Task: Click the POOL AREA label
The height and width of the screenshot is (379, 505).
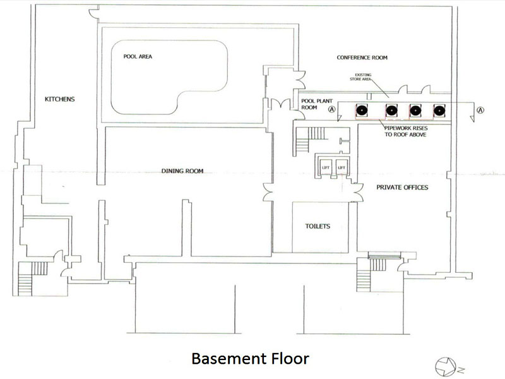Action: click(138, 56)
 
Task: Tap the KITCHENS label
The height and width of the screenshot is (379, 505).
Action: click(59, 99)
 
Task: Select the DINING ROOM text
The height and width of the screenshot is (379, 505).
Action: click(182, 171)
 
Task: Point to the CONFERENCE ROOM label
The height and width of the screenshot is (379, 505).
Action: click(362, 57)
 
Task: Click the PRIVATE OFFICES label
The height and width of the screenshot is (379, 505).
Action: click(402, 187)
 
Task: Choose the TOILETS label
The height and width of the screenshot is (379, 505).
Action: click(318, 226)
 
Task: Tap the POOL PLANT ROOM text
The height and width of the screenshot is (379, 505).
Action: click(317, 104)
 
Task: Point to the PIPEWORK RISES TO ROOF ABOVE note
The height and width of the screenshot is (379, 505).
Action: click(406, 131)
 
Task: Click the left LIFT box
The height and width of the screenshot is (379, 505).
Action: click(326, 167)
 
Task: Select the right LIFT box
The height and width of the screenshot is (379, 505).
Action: click(342, 167)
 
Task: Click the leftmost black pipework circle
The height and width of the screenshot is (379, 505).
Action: click(362, 111)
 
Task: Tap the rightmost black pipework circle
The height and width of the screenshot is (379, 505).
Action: click(439, 111)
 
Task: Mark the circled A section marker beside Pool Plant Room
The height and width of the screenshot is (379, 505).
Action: click(332, 109)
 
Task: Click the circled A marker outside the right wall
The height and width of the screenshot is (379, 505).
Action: click(480, 110)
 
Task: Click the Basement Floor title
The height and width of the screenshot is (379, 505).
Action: click(250, 358)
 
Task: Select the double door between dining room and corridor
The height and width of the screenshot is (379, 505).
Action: click(268, 193)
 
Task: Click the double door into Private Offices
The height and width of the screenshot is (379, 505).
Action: click(358, 193)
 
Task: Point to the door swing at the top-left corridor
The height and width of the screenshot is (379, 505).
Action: click(94, 13)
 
